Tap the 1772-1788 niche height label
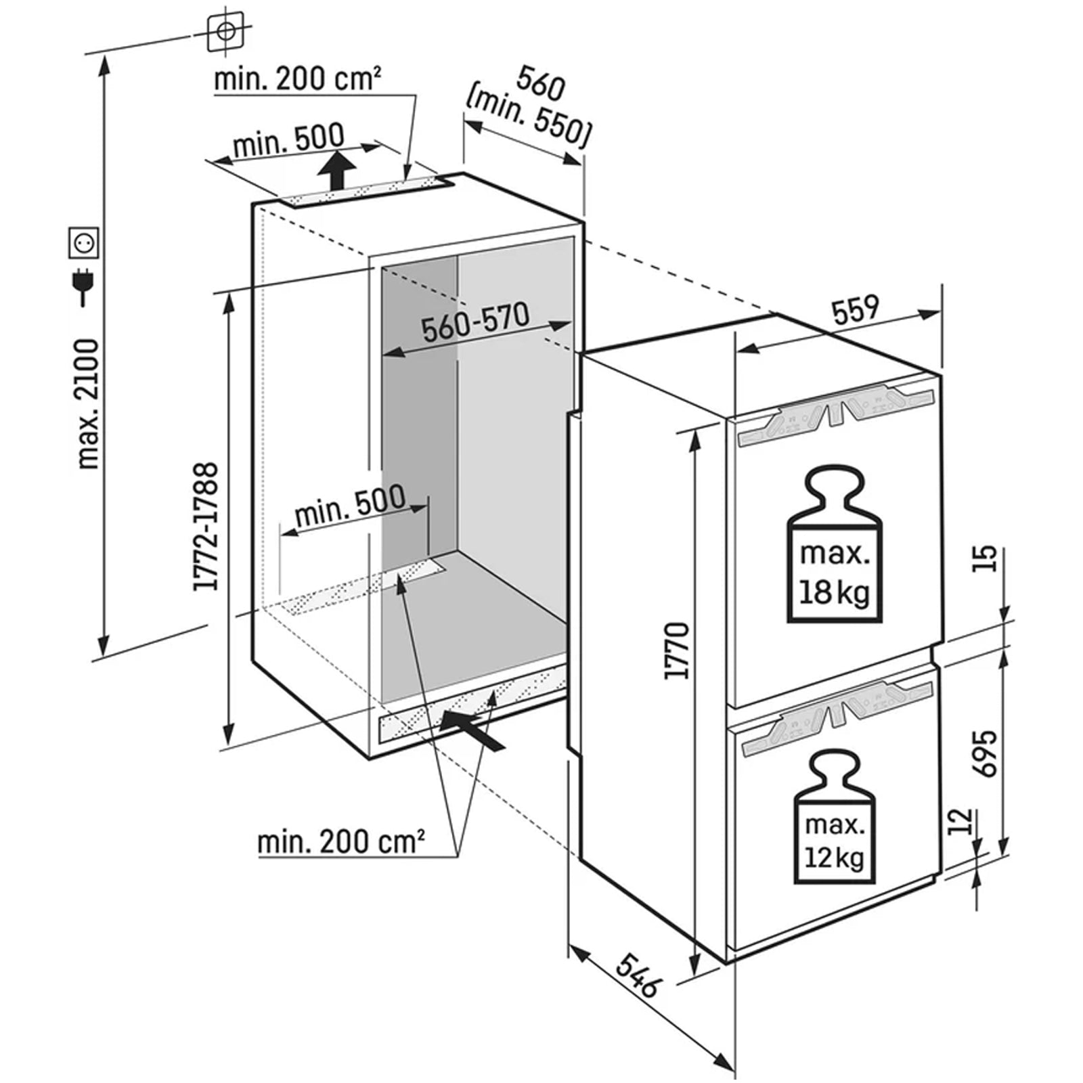click(x=206, y=527)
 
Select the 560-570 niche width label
click(x=474, y=322)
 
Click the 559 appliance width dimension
click(x=855, y=311)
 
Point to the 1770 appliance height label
click(x=677, y=650)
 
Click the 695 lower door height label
click(x=987, y=753)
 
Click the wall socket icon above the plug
click(x=85, y=242)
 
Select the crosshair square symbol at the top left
click(x=226, y=31)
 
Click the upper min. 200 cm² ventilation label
click(x=296, y=79)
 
